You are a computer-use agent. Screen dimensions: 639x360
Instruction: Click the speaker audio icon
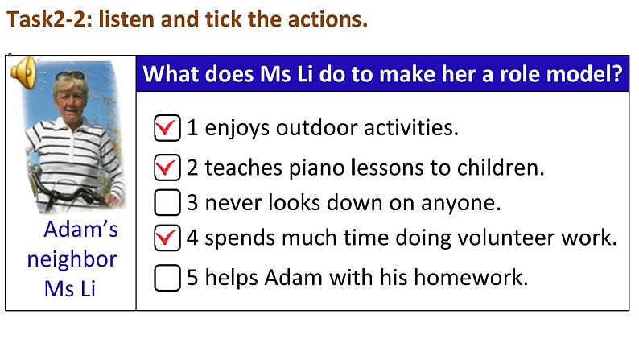point(23,72)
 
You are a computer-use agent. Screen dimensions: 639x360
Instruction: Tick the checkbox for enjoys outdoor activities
point(167,128)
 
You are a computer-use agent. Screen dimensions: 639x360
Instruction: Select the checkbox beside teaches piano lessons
point(167,168)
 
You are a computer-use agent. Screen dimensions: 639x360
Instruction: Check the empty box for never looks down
point(167,202)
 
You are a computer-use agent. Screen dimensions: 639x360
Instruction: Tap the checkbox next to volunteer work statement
point(167,238)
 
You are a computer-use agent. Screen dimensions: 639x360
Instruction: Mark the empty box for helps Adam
point(167,278)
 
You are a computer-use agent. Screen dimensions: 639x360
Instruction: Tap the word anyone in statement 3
point(460,203)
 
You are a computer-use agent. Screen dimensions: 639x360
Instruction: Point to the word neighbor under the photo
point(72,259)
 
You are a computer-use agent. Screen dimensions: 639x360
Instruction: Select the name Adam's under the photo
point(80,230)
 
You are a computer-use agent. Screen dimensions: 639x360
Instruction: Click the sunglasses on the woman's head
point(71,76)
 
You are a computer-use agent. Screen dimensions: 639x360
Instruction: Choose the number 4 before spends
point(192,238)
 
